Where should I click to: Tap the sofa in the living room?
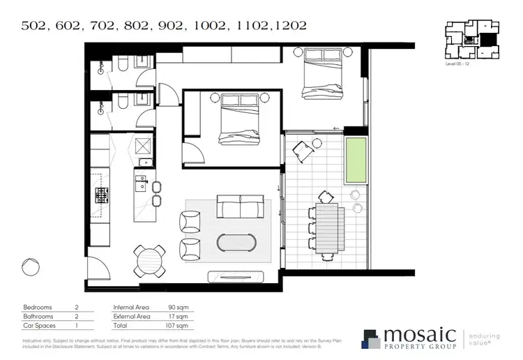(243, 207)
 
